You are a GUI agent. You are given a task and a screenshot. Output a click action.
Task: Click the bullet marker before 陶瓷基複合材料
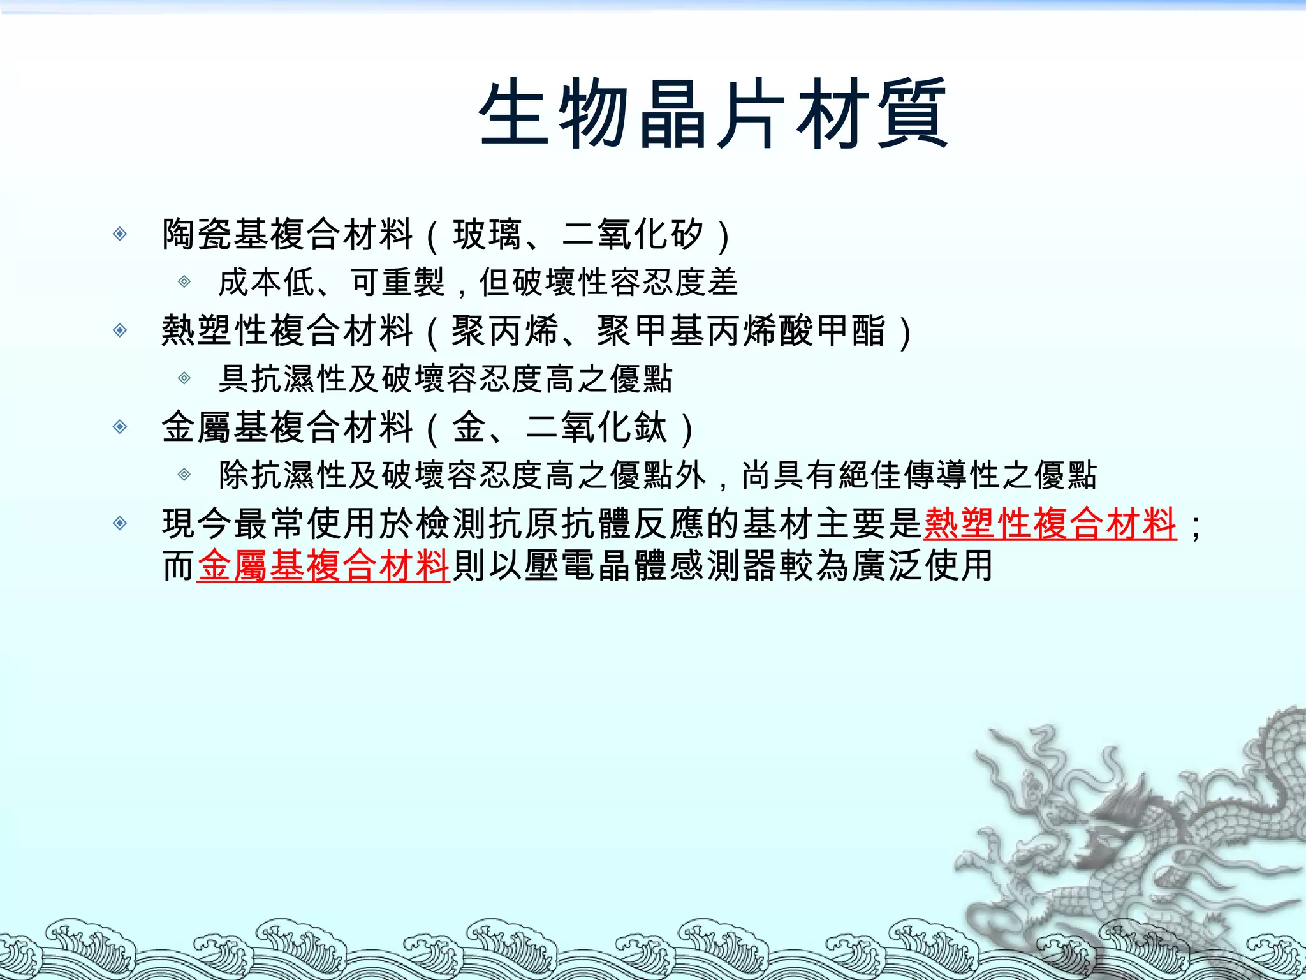pyautogui.click(x=120, y=234)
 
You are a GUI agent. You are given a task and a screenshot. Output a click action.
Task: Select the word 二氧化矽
pyautogui.click(x=633, y=234)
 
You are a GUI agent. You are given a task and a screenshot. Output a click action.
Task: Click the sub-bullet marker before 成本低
pyautogui.click(x=184, y=281)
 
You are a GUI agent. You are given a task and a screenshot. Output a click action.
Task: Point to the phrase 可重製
pyautogui.click(x=397, y=282)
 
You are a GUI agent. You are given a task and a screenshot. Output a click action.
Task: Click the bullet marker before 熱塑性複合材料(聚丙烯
pyautogui.click(x=120, y=330)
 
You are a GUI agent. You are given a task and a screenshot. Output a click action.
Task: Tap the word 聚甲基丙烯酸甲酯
pyautogui.click(x=741, y=331)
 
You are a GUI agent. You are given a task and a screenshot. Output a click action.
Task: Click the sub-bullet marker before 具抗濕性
pyautogui.click(x=184, y=378)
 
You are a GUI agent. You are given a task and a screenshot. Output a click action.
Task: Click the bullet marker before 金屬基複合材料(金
pyautogui.click(x=120, y=427)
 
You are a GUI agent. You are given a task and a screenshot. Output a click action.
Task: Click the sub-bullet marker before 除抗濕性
pyautogui.click(x=184, y=475)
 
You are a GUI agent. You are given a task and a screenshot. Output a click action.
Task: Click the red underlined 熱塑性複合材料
pyautogui.click(x=1050, y=524)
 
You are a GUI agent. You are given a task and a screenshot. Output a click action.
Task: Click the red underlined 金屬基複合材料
pyautogui.click(x=324, y=565)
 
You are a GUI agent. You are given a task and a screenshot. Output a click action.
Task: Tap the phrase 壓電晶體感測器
pyautogui.click(x=650, y=565)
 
